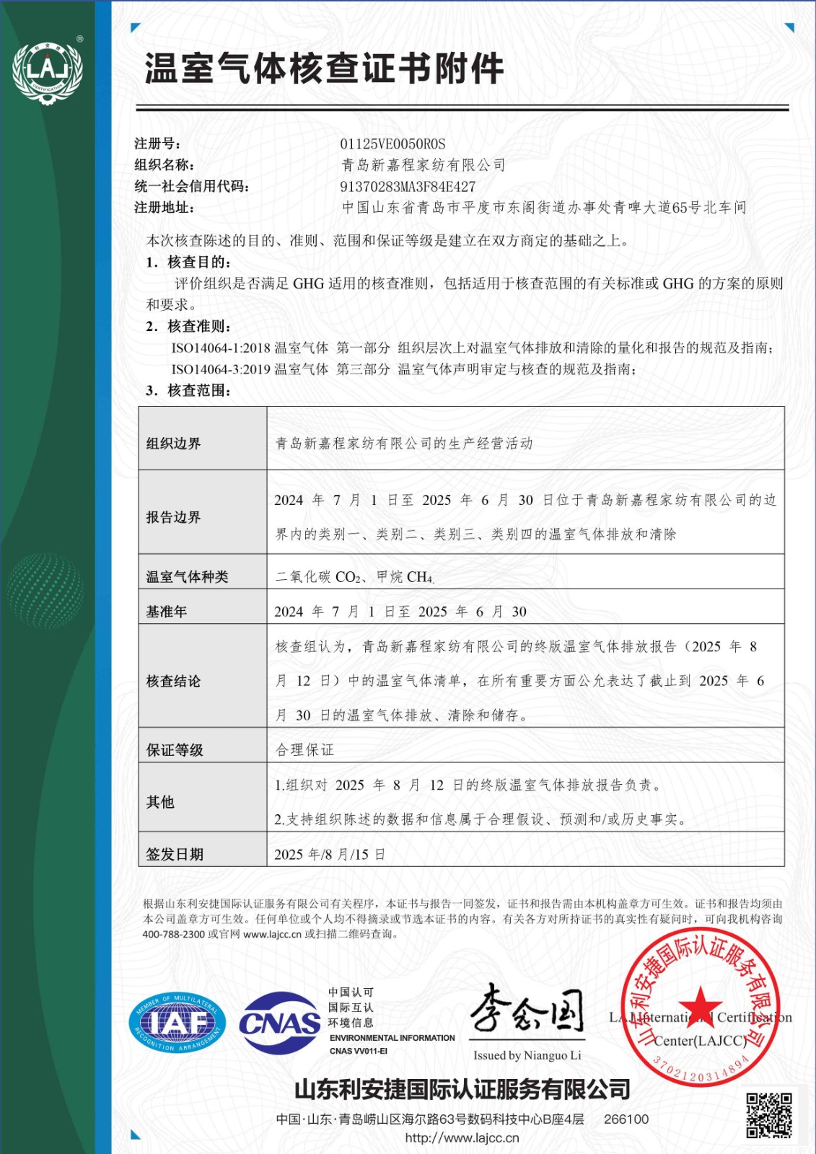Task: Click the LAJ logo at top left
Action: click(x=48, y=71)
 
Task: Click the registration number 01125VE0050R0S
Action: click(x=392, y=144)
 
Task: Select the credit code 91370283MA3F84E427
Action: click(x=408, y=186)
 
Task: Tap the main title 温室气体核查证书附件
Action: click(x=324, y=69)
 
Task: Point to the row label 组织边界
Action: click(x=173, y=444)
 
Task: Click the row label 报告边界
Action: click(x=173, y=517)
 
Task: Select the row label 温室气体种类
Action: click(x=187, y=577)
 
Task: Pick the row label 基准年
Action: click(x=166, y=612)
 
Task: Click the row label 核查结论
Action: click(x=173, y=681)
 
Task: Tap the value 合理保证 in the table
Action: click(x=304, y=750)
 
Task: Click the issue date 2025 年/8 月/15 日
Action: click(x=329, y=855)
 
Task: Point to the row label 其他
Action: click(x=160, y=802)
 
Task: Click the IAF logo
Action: click(x=177, y=1023)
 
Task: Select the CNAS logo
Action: click(x=280, y=1023)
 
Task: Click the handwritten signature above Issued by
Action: click(x=527, y=1010)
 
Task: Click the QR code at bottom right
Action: click(x=768, y=1114)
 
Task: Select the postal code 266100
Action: click(x=626, y=1119)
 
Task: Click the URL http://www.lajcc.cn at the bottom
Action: click(x=462, y=1138)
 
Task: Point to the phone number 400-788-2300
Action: click(x=173, y=934)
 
